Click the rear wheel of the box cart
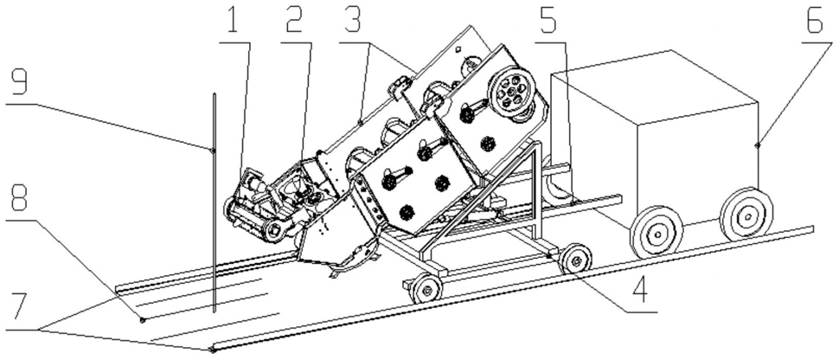point(747,215)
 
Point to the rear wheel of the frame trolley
point(575,260)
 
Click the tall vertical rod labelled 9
point(214,202)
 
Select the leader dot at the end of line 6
point(758,145)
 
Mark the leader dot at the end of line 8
point(142,320)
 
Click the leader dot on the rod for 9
point(214,151)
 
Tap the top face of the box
point(654,85)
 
